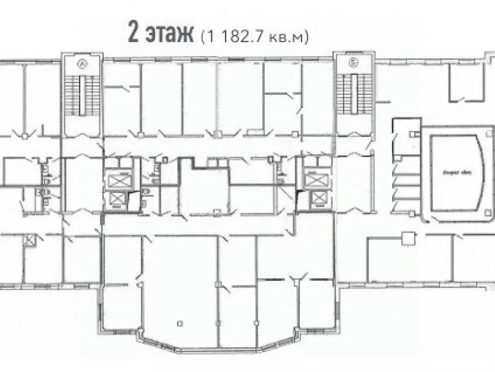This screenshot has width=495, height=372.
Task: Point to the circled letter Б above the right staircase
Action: (353, 63)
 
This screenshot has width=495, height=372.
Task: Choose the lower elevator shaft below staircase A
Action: (118, 199)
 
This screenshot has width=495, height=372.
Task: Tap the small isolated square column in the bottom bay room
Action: (181, 323)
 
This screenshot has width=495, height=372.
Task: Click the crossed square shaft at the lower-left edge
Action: (30, 241)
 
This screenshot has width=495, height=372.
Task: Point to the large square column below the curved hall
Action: (408, 238)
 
